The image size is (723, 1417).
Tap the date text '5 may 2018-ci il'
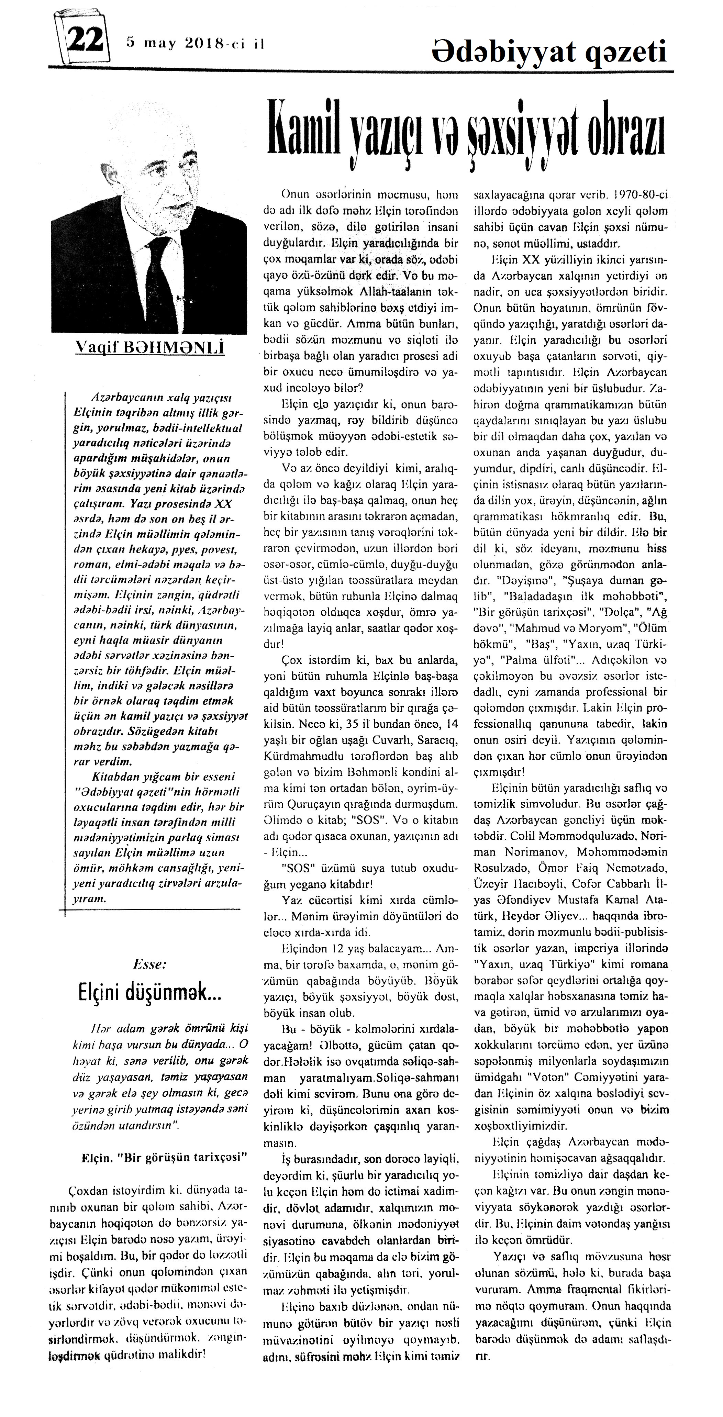click(x=195, y=43)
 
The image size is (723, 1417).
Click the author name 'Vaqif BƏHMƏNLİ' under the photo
click(x=150, y=348)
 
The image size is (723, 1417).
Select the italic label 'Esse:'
click(x=150, y=964)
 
